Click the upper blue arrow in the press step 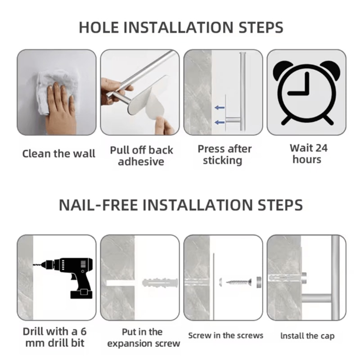pyautogui.click(x=220, y=108)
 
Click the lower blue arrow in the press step pyautogui.click(x=220, y=122)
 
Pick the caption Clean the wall pyautogui.click(x=59, y=154)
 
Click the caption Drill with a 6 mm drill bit pyautogui.click(x=54, y=337)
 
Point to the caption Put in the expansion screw pyautogui.click(x=143, y=337)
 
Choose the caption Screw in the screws pyautogui.click(x=225, y=335)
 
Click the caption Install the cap pyautogui.click(x=307, y=336)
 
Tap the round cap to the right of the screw pyautogui.click(x=258, y=282)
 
